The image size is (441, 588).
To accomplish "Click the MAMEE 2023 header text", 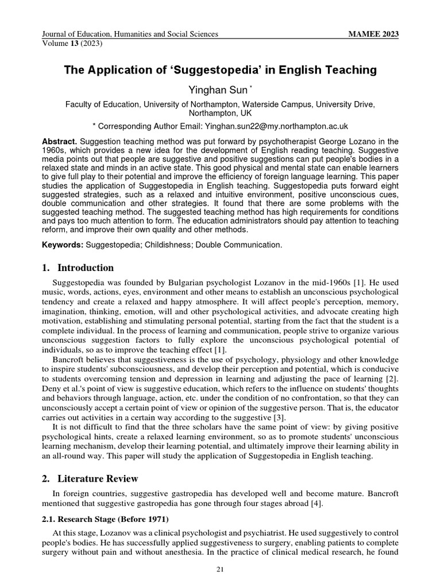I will click(x=374, y=34).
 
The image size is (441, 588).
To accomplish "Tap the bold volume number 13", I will click(x=75, y=42).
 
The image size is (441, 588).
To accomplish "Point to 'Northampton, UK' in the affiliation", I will click(x=220, y=113).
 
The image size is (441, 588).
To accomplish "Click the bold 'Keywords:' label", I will click(x=63, y=245).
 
